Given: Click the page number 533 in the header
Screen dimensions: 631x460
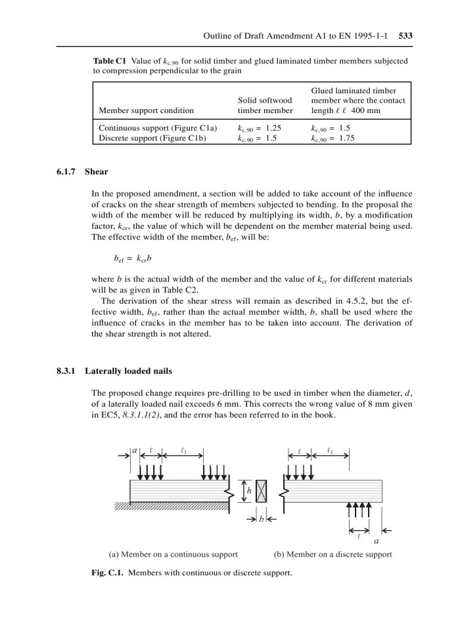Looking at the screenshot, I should pyautogui.click(x=405, y=35).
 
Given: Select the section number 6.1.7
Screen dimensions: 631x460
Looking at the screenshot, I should pyautogui.click(x=66, y=172).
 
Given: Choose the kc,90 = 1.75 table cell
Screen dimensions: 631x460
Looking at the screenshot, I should pyautogui.click(x=334, y=139).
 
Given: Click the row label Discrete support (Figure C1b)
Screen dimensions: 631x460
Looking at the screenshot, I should pyautogui.click(x=154, y=139).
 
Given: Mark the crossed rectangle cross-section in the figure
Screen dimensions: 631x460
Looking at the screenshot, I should pyautogui.click(x=262, y=491).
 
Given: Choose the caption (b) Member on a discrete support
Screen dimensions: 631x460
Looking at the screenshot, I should pyautogui.click(x=333, y=554).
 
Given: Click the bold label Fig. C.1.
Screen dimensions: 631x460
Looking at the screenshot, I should pyautogui.click(x=107, y=573).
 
